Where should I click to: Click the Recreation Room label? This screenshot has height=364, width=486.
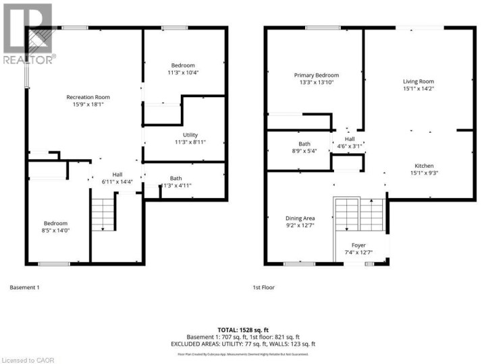pyautogui.click(x=88, y=97)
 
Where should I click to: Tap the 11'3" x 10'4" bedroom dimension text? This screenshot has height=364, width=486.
pyautogui.click(x=183, y=71)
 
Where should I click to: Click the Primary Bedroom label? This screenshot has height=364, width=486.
pyautogui.click(x=316, y=75)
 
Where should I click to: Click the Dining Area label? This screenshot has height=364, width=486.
pyautogui.click(x=300, y=218)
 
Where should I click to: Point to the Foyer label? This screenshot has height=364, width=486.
pyautogui.click(x=358, y=245)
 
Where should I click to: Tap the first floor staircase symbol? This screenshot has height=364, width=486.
pyautogui.click(x=358, y=215)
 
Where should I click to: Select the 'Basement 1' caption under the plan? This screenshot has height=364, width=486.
pyautogui.click(x=25, y=288)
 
